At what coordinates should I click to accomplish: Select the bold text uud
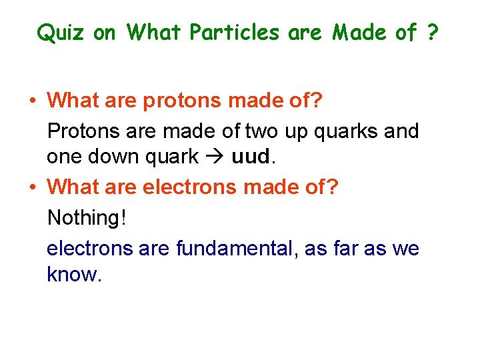point(252,157)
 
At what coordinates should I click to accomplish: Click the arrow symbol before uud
point(215,157)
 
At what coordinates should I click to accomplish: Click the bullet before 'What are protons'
point(32,101)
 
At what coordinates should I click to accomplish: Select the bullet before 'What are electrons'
point(32,187)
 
